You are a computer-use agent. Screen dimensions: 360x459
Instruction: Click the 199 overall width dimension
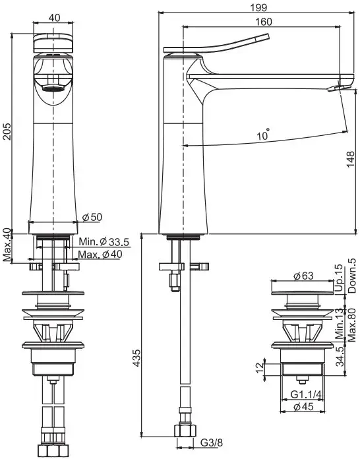coord(259,7)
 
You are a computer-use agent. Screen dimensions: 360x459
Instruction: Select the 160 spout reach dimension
coord(264,22)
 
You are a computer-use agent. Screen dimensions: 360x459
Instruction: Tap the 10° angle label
coord(263,135)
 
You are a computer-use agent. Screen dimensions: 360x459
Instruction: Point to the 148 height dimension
coord(350,160)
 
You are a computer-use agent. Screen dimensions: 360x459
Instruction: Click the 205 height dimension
coord(7,131)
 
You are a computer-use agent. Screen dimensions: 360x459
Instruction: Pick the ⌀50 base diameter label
coord(92,217)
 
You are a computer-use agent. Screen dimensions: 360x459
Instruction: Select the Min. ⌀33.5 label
coord(104,242)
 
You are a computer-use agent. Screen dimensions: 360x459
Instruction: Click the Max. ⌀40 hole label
coord(100,254)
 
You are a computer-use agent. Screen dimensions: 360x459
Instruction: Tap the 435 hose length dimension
coord(136,357)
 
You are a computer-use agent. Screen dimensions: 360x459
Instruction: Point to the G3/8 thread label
coord(212,443)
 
